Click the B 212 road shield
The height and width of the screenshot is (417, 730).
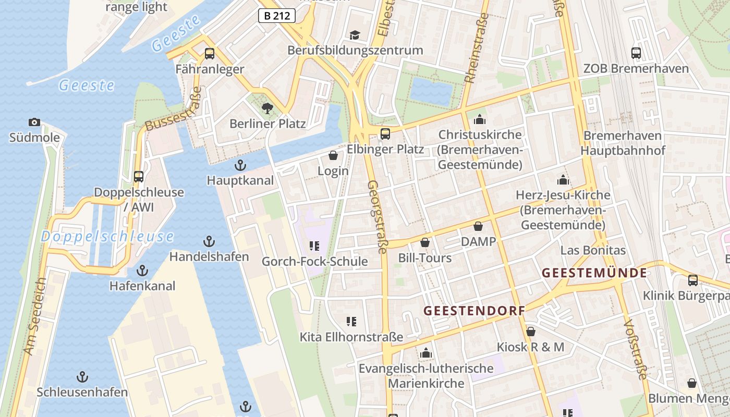coord(276,16)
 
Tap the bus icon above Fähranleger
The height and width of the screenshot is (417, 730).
coord(210,53)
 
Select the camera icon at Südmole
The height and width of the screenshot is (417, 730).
coord(34,122)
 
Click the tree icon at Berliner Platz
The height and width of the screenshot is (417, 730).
coord(267,108)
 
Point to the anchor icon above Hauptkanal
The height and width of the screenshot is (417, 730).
coord(240,166)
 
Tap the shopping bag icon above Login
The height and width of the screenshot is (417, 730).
coord(333,155)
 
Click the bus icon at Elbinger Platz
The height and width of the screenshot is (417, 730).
coord(385,134)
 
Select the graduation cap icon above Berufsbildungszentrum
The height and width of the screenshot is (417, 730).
coord(355,35)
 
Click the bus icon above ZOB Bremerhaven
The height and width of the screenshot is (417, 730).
coord(636,53)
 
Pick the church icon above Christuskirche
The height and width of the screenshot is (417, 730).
coord(480,119)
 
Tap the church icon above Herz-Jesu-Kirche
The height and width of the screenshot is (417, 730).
coord(563,180)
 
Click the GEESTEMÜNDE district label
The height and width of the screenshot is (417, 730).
coord(594,273)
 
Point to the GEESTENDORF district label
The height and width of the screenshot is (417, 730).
coord(474,311)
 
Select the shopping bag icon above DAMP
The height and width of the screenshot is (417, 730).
coord(478,226)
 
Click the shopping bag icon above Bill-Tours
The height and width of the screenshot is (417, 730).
coord(425,242)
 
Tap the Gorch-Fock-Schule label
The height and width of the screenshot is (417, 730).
coord(314,262)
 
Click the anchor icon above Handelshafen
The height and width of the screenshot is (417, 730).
coord(209,241)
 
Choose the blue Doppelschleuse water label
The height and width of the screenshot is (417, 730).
coord(107,237)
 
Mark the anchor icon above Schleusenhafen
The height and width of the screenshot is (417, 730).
coord(82,376)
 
